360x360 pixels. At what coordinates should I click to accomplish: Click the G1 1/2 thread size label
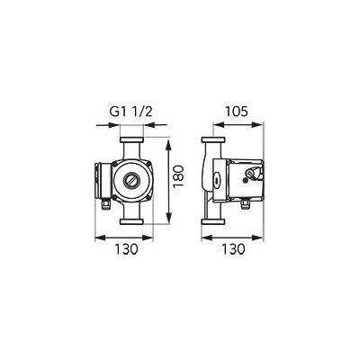[x=131, y=112]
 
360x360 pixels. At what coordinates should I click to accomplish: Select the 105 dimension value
[x=237, y=112]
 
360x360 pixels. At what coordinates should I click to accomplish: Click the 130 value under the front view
[x=126, y=249]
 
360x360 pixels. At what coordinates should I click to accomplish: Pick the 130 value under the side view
[x=234, y=249]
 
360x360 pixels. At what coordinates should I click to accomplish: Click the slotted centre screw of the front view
[x=131, y=180]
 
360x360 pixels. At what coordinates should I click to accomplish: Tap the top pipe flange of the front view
[x=131, y=139]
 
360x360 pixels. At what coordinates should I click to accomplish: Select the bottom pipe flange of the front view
[x=131, y=221]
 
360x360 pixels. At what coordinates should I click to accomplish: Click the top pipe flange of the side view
[x=213, y=139]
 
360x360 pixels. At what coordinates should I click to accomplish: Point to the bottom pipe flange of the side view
[x=213, y=221]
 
